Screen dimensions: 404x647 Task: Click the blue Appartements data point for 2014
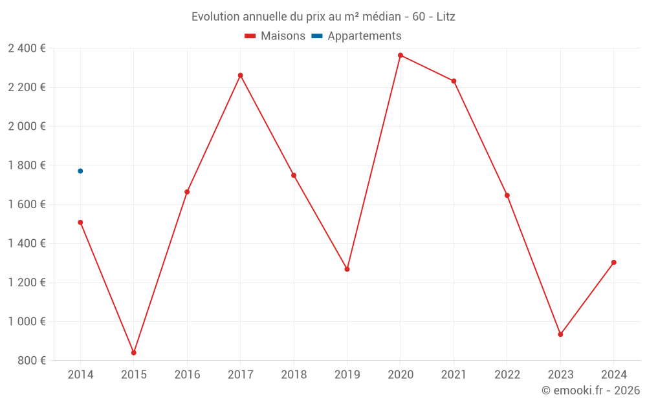pos(80,171)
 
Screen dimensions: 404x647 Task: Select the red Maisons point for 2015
pos(134,352)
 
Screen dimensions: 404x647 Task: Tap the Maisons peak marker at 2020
pos(400,56)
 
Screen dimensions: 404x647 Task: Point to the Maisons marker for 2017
pos(240,76)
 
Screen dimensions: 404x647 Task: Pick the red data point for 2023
pos(560,334)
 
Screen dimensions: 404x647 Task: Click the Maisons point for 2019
pos(347,269)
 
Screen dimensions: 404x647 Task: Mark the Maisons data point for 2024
pos(613,262)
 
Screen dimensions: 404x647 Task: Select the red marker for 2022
pos(507,195)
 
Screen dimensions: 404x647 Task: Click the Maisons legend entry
pos(275,36)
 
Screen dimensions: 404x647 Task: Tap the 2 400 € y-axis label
pos(27,48)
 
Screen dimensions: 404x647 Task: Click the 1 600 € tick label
pos(27,204)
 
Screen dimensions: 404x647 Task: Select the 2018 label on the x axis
pos(294,375)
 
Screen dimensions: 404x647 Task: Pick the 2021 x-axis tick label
pos(454,375)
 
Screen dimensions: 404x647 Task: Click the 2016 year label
pos(187,375)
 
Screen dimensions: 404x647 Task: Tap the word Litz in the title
pos(446,17)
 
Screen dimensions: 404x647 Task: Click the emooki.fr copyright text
pos(591,390)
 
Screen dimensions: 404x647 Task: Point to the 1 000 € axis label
pos(27,321)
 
